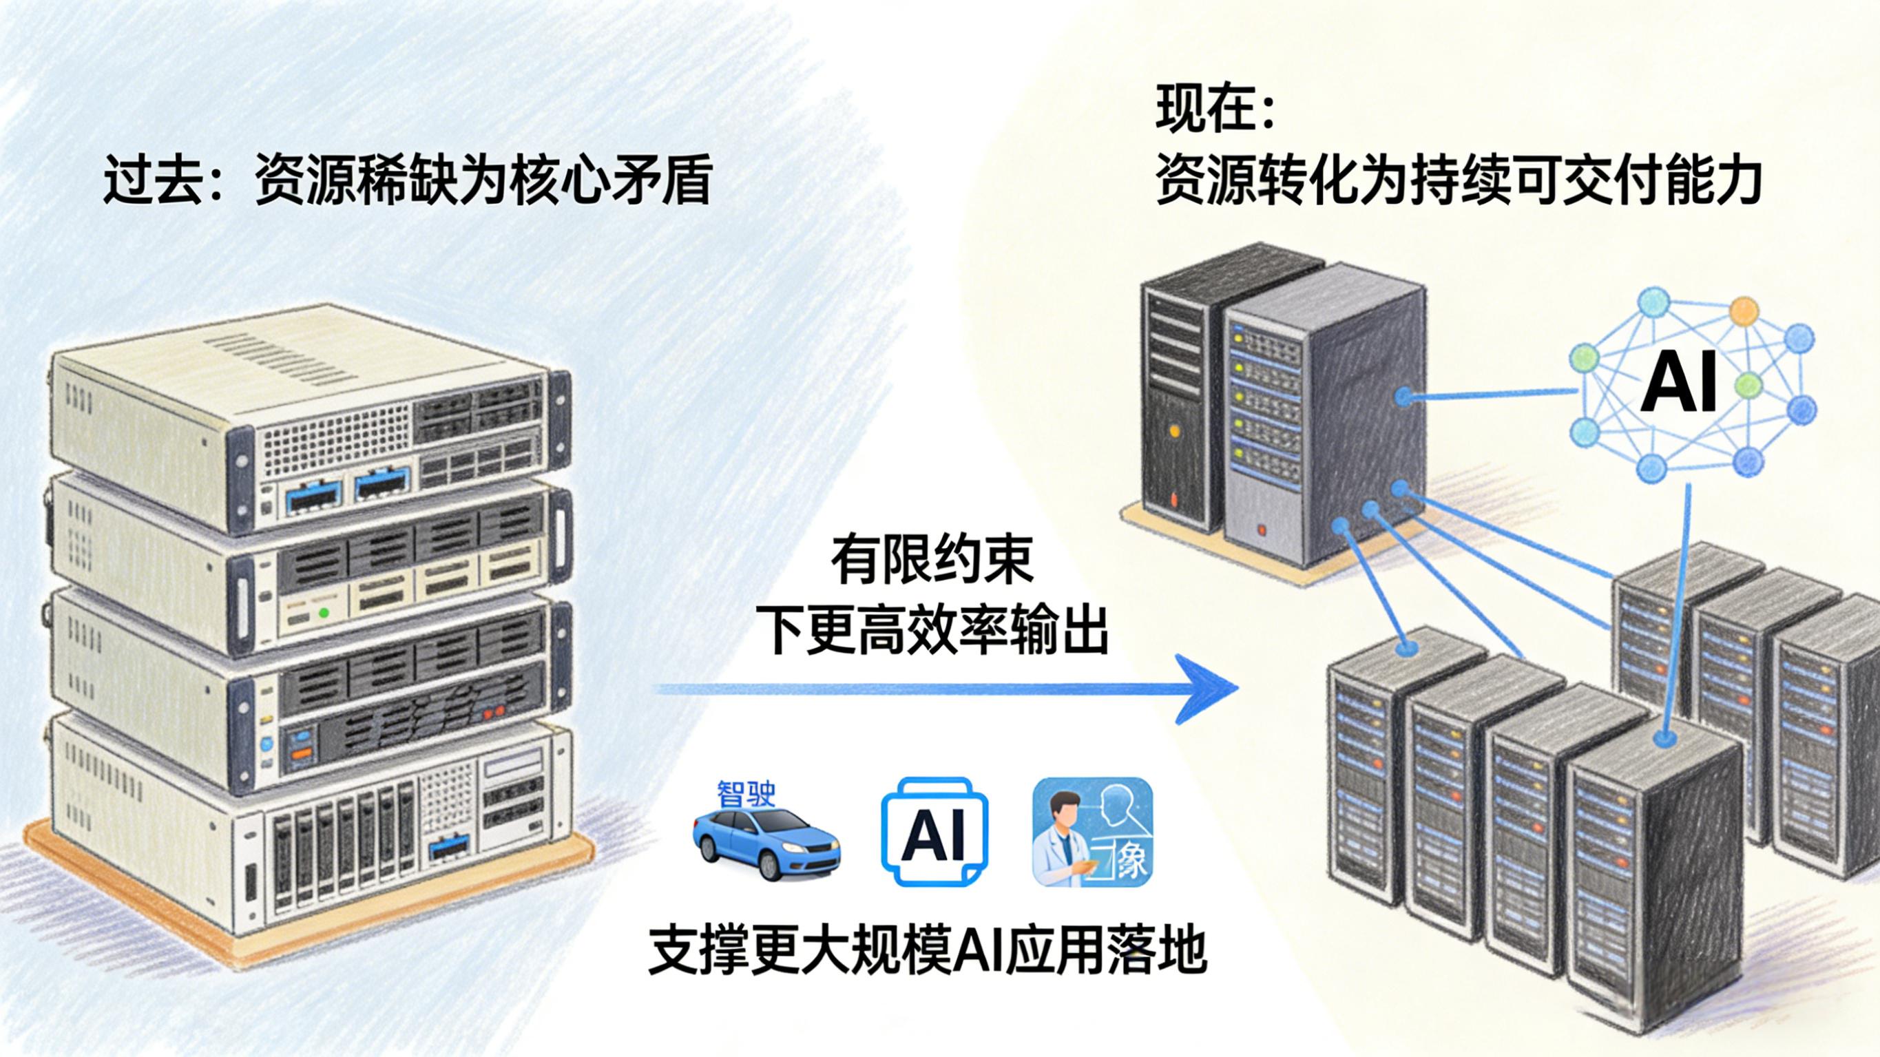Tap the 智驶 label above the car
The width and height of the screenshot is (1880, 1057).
746,794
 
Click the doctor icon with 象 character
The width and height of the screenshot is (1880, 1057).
1092,840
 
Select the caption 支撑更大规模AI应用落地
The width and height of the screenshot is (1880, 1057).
927,949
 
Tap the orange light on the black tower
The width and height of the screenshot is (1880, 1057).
1174,430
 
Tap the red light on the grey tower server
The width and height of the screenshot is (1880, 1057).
1261,530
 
